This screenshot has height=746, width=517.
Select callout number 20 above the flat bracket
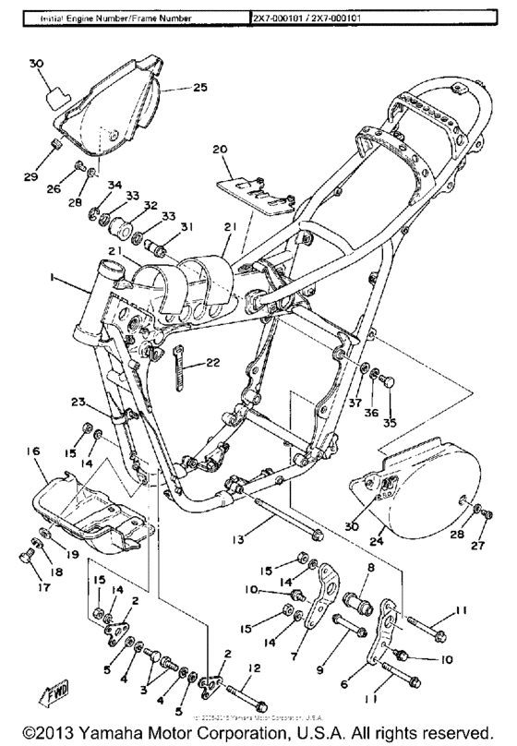click(x=219, y=149)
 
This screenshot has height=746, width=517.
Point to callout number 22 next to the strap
click(x=211, y=362)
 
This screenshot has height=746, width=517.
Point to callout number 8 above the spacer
click(x=370, y=569)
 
